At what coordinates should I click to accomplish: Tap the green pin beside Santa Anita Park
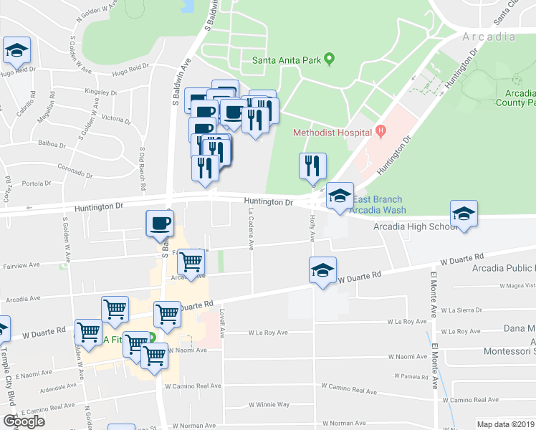(x=330, y=59)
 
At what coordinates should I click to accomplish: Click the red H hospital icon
(x=381, y=132)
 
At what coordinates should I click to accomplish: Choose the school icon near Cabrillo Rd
(x=16, y=51)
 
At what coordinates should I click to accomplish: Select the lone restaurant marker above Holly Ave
(x=312, y=166)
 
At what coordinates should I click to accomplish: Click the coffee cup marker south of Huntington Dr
(x=160, y=223)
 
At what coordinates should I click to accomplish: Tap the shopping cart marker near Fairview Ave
(x=191, y=262)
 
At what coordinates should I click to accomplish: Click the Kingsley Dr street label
(x=100, y=92)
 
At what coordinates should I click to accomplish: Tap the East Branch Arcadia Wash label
(x=378, y=205)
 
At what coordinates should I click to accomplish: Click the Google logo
(x=24, y=421)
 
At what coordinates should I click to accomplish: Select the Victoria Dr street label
(x=116, y=118)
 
